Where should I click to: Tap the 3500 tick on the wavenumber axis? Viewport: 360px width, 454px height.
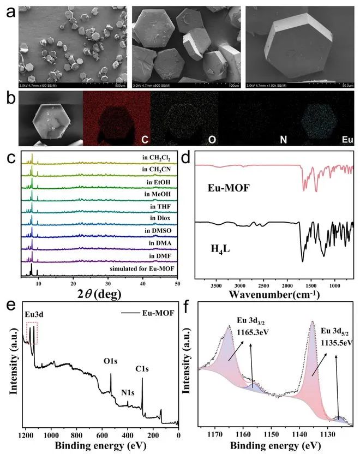[217, 284]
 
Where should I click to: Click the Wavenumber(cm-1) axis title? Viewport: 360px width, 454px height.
[275, 296]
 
